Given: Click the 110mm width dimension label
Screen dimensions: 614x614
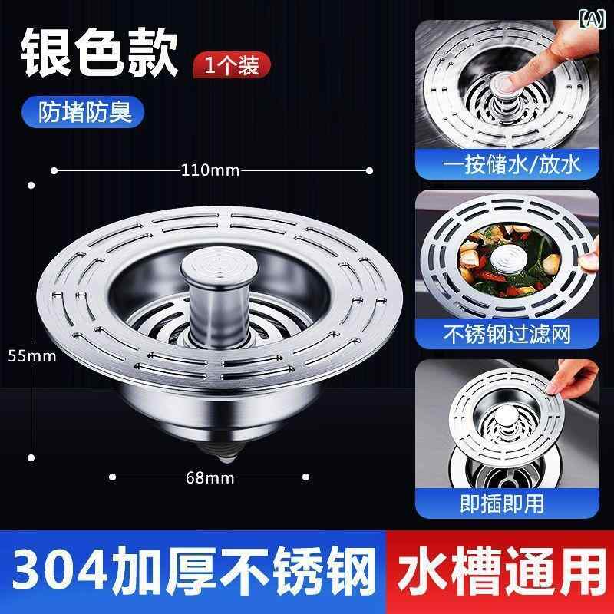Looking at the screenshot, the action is click(210, 170).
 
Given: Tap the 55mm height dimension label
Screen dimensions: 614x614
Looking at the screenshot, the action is click(32, 356).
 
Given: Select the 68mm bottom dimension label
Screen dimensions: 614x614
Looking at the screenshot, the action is click(210, 477).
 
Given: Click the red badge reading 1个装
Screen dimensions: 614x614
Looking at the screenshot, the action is click(232, 65).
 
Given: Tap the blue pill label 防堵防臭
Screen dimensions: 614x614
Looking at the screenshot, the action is click(83, 112).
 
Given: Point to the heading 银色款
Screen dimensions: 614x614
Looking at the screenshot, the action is click(100, 52).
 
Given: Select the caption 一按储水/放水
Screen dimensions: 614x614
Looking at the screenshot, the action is click(511, 164).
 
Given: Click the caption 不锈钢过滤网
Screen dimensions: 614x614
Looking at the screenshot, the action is click(507, 334).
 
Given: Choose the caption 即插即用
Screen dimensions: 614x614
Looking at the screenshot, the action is click(502, 503).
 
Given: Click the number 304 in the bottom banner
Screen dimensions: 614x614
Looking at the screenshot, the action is click(60, 571).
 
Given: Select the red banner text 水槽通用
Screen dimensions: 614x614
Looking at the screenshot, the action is click(502, 571).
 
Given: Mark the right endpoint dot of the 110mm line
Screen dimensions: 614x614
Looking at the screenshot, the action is click(369, 170).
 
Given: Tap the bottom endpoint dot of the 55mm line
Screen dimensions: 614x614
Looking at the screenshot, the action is click(31, 457).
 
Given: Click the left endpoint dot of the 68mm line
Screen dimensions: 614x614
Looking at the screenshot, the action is click(112, 477).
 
